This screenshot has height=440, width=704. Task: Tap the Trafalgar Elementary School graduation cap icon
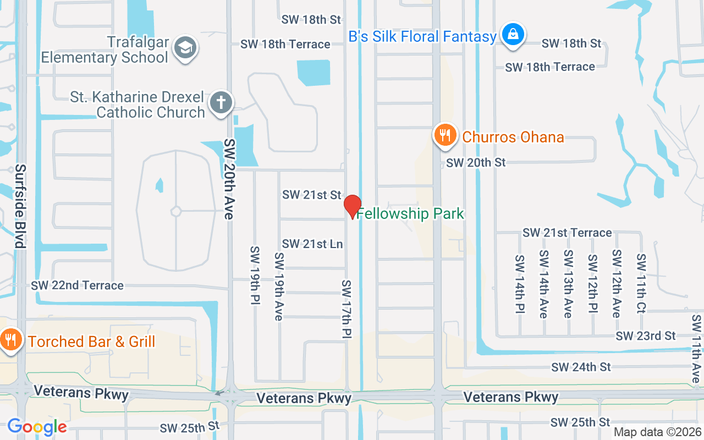pyautogui.click(x=185, y=48)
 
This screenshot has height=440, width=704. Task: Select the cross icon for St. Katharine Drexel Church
pyautogui.click(x=221, y=103)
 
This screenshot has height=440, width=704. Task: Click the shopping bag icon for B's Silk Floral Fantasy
pyautogui.click(x=513, y=35)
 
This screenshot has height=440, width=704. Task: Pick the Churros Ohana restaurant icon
pyautogui.click(x=445, y=135)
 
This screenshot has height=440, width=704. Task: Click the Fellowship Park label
pyautogui.click(x=411, y=214)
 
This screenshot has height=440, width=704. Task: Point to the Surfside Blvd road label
pyautogui.click(x=21, y=206)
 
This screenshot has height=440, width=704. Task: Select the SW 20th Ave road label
pyautogui.click(x=229, y=179)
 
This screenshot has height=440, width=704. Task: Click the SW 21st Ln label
pyautogui.click(x=312, y=244)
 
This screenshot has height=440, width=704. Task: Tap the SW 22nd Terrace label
pyautogui.click(x=77, y=285)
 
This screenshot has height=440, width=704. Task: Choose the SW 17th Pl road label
pyautogui.click(x=346, y=309)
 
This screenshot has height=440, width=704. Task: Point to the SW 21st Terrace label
pyautogui.click(x=567, y=233)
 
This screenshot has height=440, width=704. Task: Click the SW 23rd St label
pyautogui.click(x=646, y=335)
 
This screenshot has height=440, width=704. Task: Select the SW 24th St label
pyautogui.click(x=581, y=367)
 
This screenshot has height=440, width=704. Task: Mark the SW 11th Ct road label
pyautogui.click(x=641, y=283)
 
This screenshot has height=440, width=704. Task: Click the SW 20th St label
pyautogui.click(x=476, y=163)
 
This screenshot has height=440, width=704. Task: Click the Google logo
pyautogui.click(x=37, y=426)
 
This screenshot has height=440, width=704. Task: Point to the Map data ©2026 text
pyautogui.click(x=657, y=432)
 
